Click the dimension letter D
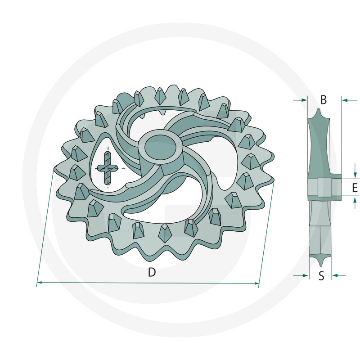152,272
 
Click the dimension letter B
323,99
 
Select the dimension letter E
355,188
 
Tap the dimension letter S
321,276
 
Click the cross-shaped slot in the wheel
108,168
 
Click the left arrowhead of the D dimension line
39,283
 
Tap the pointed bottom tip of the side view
319,265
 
